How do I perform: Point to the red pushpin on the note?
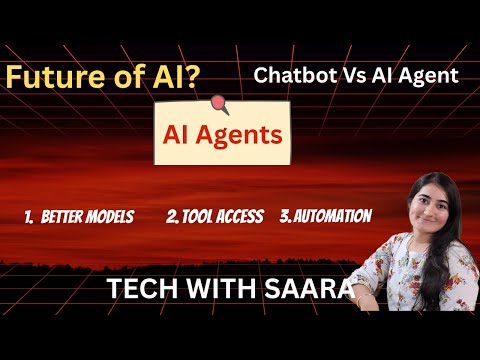pos(220,102)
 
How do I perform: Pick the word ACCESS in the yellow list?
pos(241,215)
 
